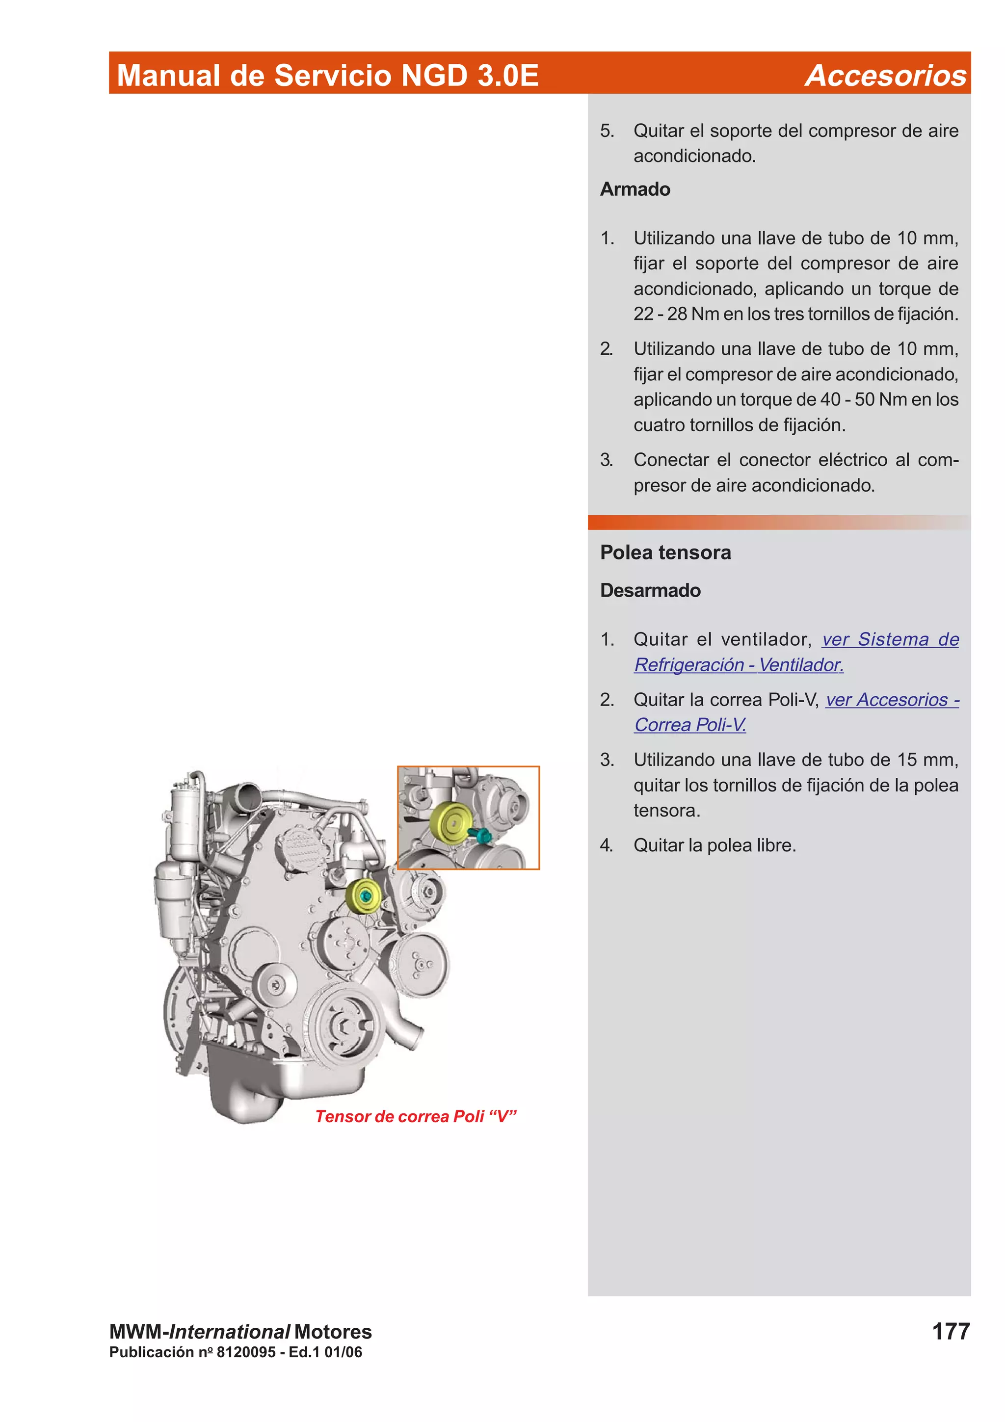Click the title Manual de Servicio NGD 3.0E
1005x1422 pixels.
(328, 76)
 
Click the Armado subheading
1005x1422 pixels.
(635, 189)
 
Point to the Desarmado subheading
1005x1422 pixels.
(650, 590)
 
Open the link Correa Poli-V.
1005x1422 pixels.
(690, 725)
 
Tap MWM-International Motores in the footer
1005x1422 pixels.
(240, 1332)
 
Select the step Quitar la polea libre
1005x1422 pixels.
(714, 845)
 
